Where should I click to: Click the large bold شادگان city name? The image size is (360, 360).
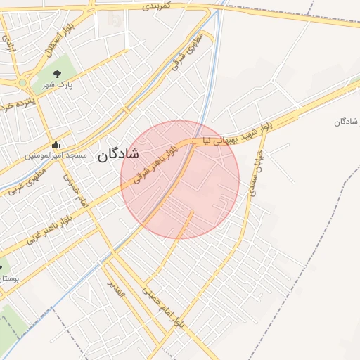tap(119, 154)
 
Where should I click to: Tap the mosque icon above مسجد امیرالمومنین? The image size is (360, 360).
tap(57, 145)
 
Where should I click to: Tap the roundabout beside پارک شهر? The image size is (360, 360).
tap(22, 83)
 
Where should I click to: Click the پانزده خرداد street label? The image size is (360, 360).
tap(15, 104)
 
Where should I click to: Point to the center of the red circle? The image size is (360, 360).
tap(180, 179)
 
